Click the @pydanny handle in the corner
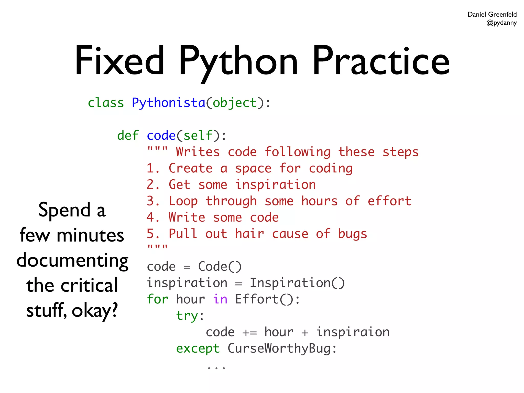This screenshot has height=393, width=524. [x=501, y=23]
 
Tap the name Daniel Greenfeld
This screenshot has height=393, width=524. [x=492, y=14]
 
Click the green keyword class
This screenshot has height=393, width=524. [x=106, y=103]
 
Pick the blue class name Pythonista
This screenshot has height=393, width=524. [x=169, y=103]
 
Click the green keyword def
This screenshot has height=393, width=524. [x=128, y=135]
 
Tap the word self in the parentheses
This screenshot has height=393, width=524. [x=198, y=135]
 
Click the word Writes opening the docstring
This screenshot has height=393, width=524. [x=198, y=152]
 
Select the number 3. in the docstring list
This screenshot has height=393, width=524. [x=153, y=201]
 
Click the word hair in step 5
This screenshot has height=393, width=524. [x=249, y=234]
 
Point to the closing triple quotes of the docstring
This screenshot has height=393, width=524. [x=157, y=247]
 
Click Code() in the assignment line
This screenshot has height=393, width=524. [x=220, y=267]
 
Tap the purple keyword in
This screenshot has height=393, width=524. [x=220, y=299]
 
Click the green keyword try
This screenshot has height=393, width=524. [x=187, y=316]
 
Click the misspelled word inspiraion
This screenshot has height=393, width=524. [x=353, y=332]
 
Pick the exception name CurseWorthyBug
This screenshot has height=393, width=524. [x=279, y=348]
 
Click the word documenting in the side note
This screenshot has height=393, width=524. [x=72, y=260]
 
